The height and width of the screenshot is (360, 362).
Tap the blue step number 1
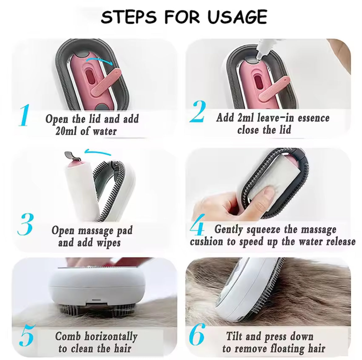(x=24, y=115)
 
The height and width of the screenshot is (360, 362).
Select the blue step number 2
(x=198, y=112)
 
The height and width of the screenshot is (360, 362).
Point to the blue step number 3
(x=26, y=224)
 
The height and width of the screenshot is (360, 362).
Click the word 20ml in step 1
(x=66, y=131)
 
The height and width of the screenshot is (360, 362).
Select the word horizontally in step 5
(x=111, y=337)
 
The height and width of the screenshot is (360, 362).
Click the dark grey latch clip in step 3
(x=72, y=156)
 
